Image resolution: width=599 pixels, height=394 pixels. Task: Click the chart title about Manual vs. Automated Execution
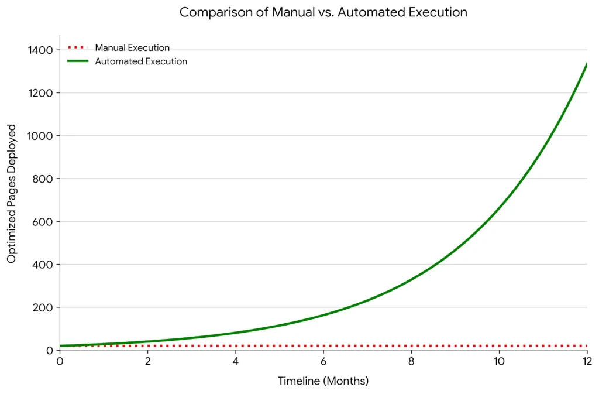[323, 12]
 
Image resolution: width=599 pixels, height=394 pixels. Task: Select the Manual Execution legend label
[132, 48]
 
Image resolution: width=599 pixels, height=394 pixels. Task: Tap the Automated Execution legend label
[141, 61]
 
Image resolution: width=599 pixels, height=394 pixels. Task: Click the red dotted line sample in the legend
[78, 47]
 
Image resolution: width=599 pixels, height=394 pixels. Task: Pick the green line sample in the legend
[78, 61]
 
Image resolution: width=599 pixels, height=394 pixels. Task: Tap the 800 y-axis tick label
[43, 179]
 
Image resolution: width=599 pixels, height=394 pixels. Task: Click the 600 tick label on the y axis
[43, 222]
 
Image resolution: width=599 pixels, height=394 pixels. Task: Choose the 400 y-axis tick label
[43, 265]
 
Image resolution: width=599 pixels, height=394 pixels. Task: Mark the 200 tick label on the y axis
[43, 307]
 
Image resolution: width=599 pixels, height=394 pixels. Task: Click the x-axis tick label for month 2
[148, 361]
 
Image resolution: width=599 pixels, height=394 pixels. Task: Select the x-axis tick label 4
[236, 361]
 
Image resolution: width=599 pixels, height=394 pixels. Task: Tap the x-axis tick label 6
[323, 361]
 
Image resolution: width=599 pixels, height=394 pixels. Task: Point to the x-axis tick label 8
[411, 361]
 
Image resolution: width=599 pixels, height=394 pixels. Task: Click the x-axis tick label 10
[499, 361]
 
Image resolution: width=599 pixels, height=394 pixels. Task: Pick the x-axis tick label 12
[586, 361]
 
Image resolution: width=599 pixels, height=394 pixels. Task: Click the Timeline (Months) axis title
[323, 381]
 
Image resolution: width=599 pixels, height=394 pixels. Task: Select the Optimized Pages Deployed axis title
[12, 193]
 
